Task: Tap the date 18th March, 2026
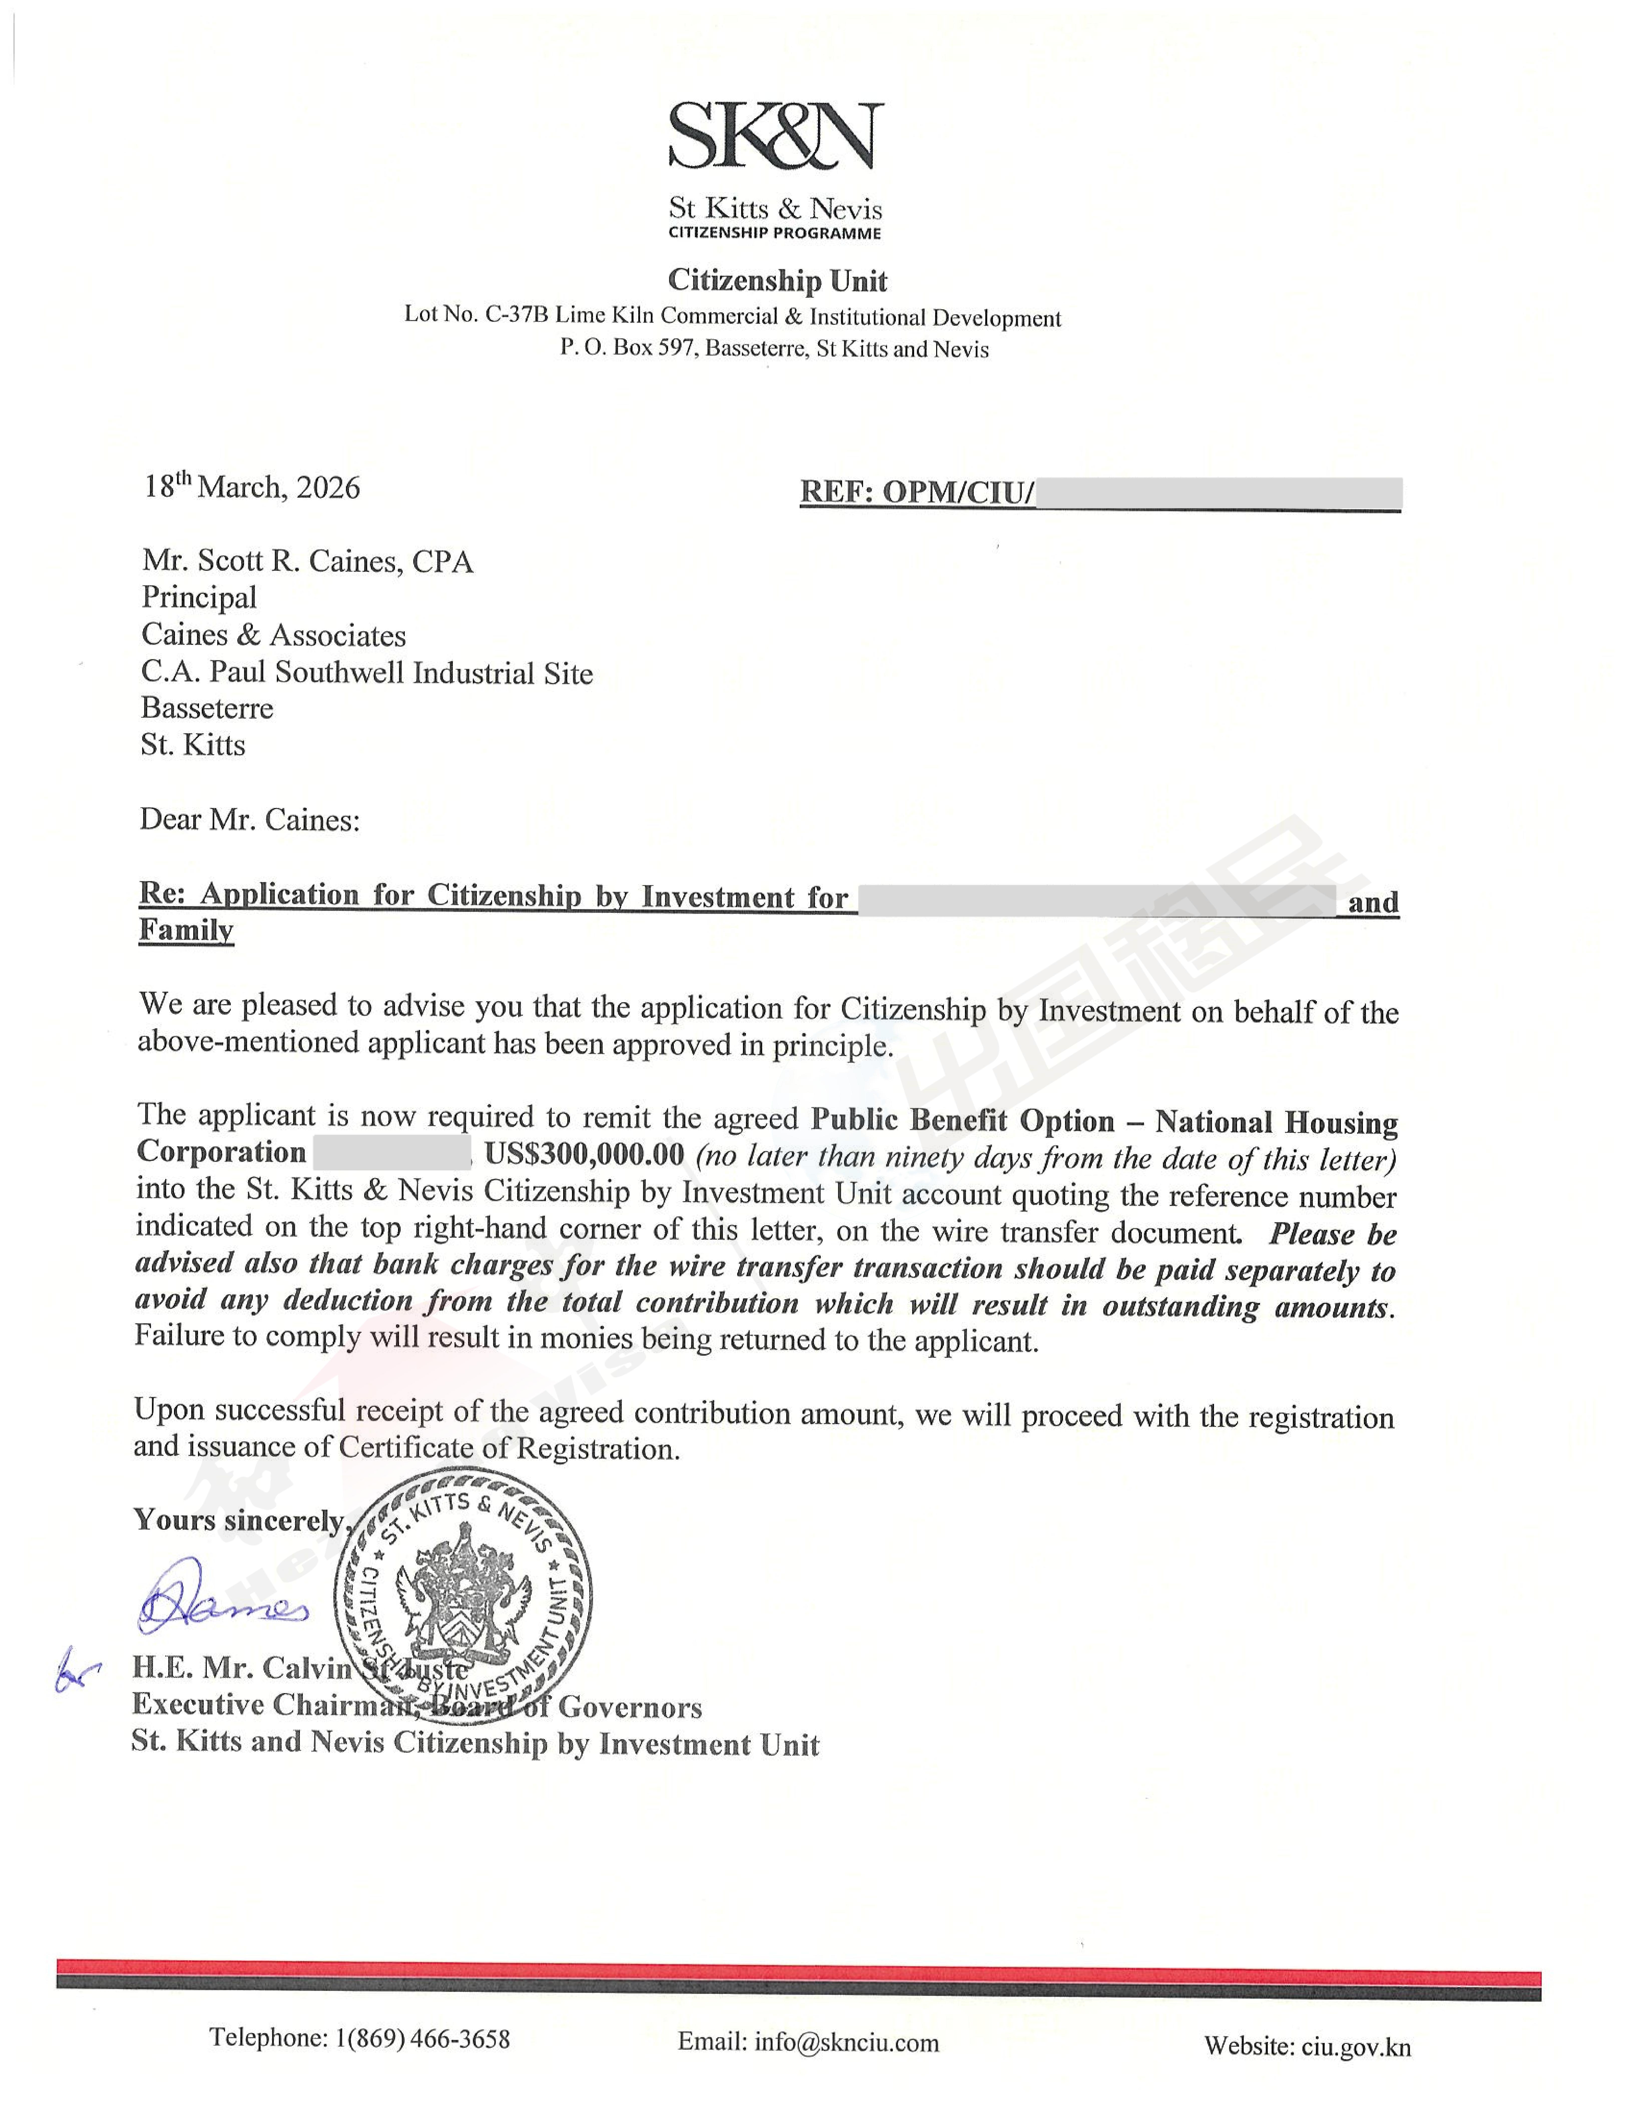252,487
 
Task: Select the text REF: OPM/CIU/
916,493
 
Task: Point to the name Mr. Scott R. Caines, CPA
307,562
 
